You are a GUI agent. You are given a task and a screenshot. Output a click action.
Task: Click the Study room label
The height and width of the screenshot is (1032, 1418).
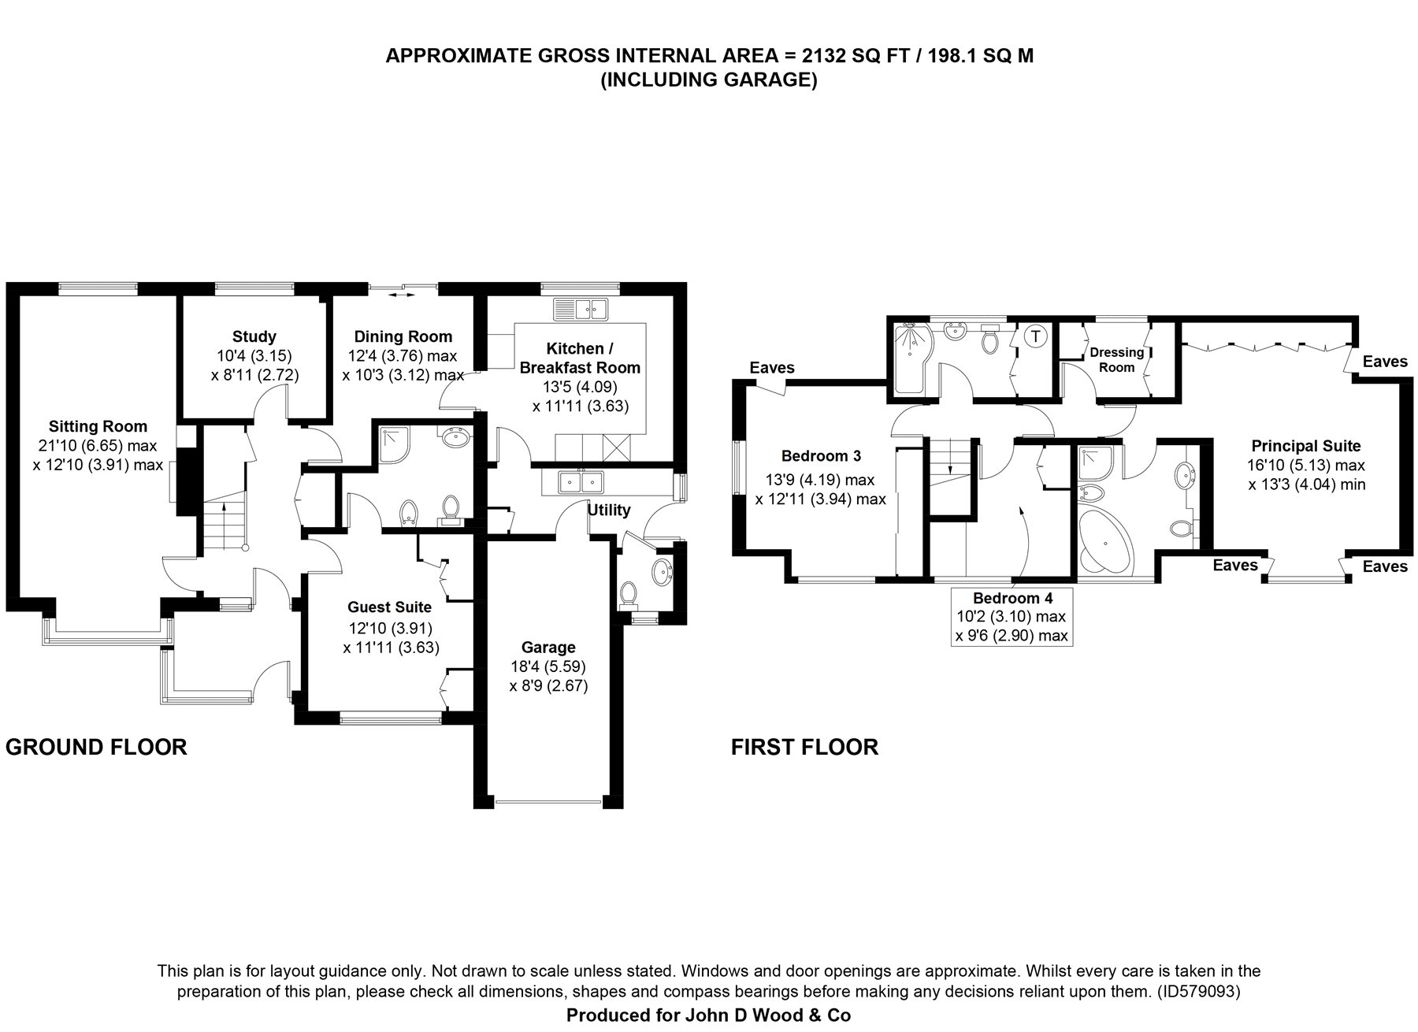coord(254,336)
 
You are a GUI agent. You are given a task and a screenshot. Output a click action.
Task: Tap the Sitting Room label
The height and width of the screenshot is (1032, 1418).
coord(98,426)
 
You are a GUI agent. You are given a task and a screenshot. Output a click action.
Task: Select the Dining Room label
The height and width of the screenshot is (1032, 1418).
coord(403,336)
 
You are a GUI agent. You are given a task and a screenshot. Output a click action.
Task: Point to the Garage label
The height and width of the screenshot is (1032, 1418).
coord(548,647)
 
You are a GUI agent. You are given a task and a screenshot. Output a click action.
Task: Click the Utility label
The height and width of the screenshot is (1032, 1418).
coord(608,510)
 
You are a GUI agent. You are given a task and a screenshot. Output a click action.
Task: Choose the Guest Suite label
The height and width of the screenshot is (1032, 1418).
coord(389,607)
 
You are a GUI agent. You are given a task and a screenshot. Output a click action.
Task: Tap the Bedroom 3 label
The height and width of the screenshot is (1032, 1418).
coord(821,455)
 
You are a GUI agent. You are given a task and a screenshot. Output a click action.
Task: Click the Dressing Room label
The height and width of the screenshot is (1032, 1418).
coord(1116,359)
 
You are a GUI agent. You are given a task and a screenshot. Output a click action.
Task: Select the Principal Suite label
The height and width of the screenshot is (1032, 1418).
coord(1306,445)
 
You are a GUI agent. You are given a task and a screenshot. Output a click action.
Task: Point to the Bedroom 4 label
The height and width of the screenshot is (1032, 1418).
coord(1012,597)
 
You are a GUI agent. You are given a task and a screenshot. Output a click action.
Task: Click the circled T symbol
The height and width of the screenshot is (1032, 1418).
coord(1036,336)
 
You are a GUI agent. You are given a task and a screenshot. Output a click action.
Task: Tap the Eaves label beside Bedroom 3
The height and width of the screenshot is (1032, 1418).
coord(772,367)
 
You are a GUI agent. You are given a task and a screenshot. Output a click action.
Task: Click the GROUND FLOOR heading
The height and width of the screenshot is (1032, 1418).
coord(96,747)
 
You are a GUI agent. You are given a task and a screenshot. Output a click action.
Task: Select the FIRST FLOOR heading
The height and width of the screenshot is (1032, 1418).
coord(804,747)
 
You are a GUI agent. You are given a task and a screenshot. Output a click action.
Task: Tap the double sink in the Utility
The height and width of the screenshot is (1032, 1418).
coord(580,480)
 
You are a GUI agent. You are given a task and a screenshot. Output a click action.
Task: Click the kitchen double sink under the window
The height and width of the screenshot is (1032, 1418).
coord(580,308)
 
